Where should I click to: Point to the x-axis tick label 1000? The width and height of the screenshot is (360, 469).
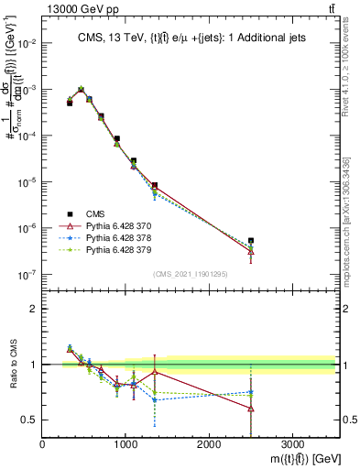[x=125, y=445]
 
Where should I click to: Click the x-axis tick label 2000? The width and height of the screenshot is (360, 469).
[x=209, y=445]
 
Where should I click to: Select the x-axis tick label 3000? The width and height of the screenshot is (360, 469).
[x=292, y=445]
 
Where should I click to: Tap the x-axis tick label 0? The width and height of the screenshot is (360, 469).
[x=43, y=445]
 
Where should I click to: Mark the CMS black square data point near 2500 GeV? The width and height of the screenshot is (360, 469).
[x=251, y=241]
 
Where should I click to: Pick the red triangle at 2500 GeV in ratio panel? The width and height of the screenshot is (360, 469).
[x=251, y=408]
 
